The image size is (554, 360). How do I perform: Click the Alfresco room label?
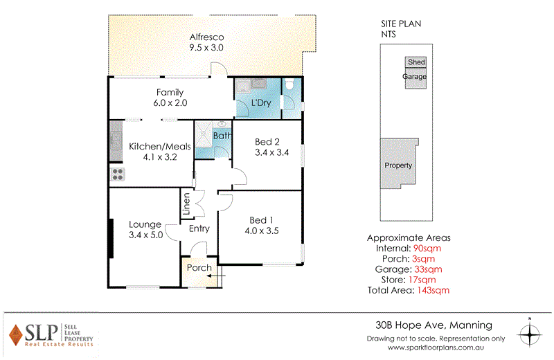pos(208,37)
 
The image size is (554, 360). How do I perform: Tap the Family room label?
pos(170,92)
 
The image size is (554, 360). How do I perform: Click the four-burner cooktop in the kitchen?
pos(116,174)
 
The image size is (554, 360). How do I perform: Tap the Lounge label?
pos(145,224)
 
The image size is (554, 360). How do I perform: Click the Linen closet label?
pos(186,204)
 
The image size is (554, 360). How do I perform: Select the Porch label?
pos(200,268)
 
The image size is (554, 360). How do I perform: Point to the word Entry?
pos(199,228)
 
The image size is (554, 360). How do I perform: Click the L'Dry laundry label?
pos(260,103)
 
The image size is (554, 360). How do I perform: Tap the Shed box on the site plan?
pos(416,62)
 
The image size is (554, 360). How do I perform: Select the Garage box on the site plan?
pos(415,78)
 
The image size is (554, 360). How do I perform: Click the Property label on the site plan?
pos(398,165)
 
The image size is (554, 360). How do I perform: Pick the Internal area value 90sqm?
pos(427,247)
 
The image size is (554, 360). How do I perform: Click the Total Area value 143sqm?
pos(433,290)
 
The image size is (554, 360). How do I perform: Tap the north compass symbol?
pos(530,334)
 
